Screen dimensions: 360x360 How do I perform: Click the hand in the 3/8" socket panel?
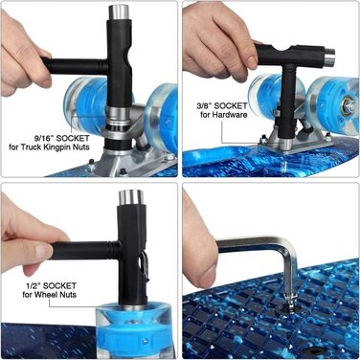click(x=215, y=43)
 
